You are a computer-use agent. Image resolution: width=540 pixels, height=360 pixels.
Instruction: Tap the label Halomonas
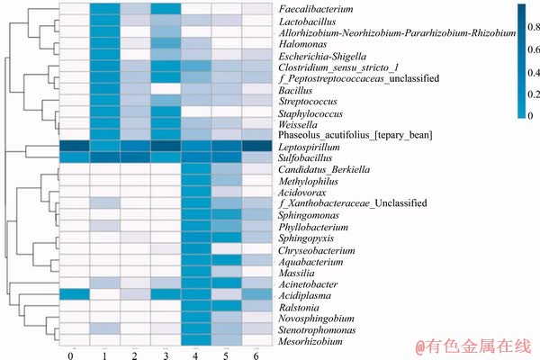click(x=304, y=43)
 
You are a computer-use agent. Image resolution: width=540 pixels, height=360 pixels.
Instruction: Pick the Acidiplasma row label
click(x=306, y=295)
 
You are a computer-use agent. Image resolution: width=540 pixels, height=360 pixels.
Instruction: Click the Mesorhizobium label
click(x=310, y=342)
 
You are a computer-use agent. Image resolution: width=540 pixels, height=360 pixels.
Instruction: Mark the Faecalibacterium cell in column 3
click(x=166, y=9)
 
